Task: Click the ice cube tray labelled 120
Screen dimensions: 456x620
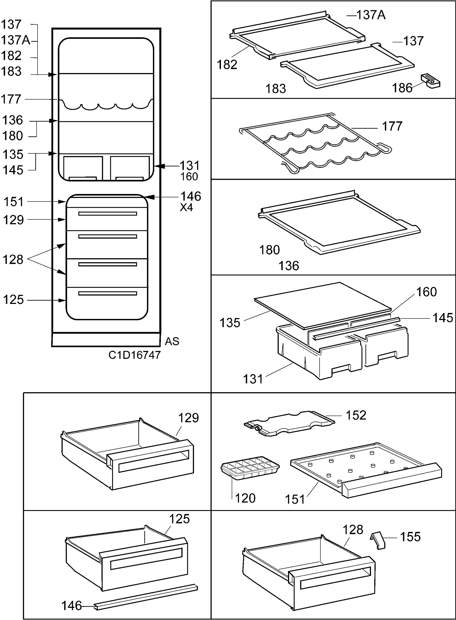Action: [x=250, y=468]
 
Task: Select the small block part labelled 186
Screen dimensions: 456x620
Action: [x=430, y=81]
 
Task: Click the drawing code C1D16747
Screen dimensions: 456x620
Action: [x=135, y=355]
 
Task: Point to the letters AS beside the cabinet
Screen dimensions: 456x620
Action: [x=172, y=342]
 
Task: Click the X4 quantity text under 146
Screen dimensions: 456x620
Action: [x=187, y=208]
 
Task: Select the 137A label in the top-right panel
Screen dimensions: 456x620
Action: [x=371, y=15]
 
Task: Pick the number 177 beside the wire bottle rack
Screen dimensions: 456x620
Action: [x=392, y=126]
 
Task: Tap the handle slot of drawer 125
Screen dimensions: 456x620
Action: [x=146, y=559]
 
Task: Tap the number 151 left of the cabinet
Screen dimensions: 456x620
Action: [x=13, y=202]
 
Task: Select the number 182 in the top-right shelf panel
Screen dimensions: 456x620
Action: [x=227, y=65]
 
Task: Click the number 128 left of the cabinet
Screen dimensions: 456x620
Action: [x=13, y=260]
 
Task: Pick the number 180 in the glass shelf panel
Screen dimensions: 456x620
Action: [x=269, y=250]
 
